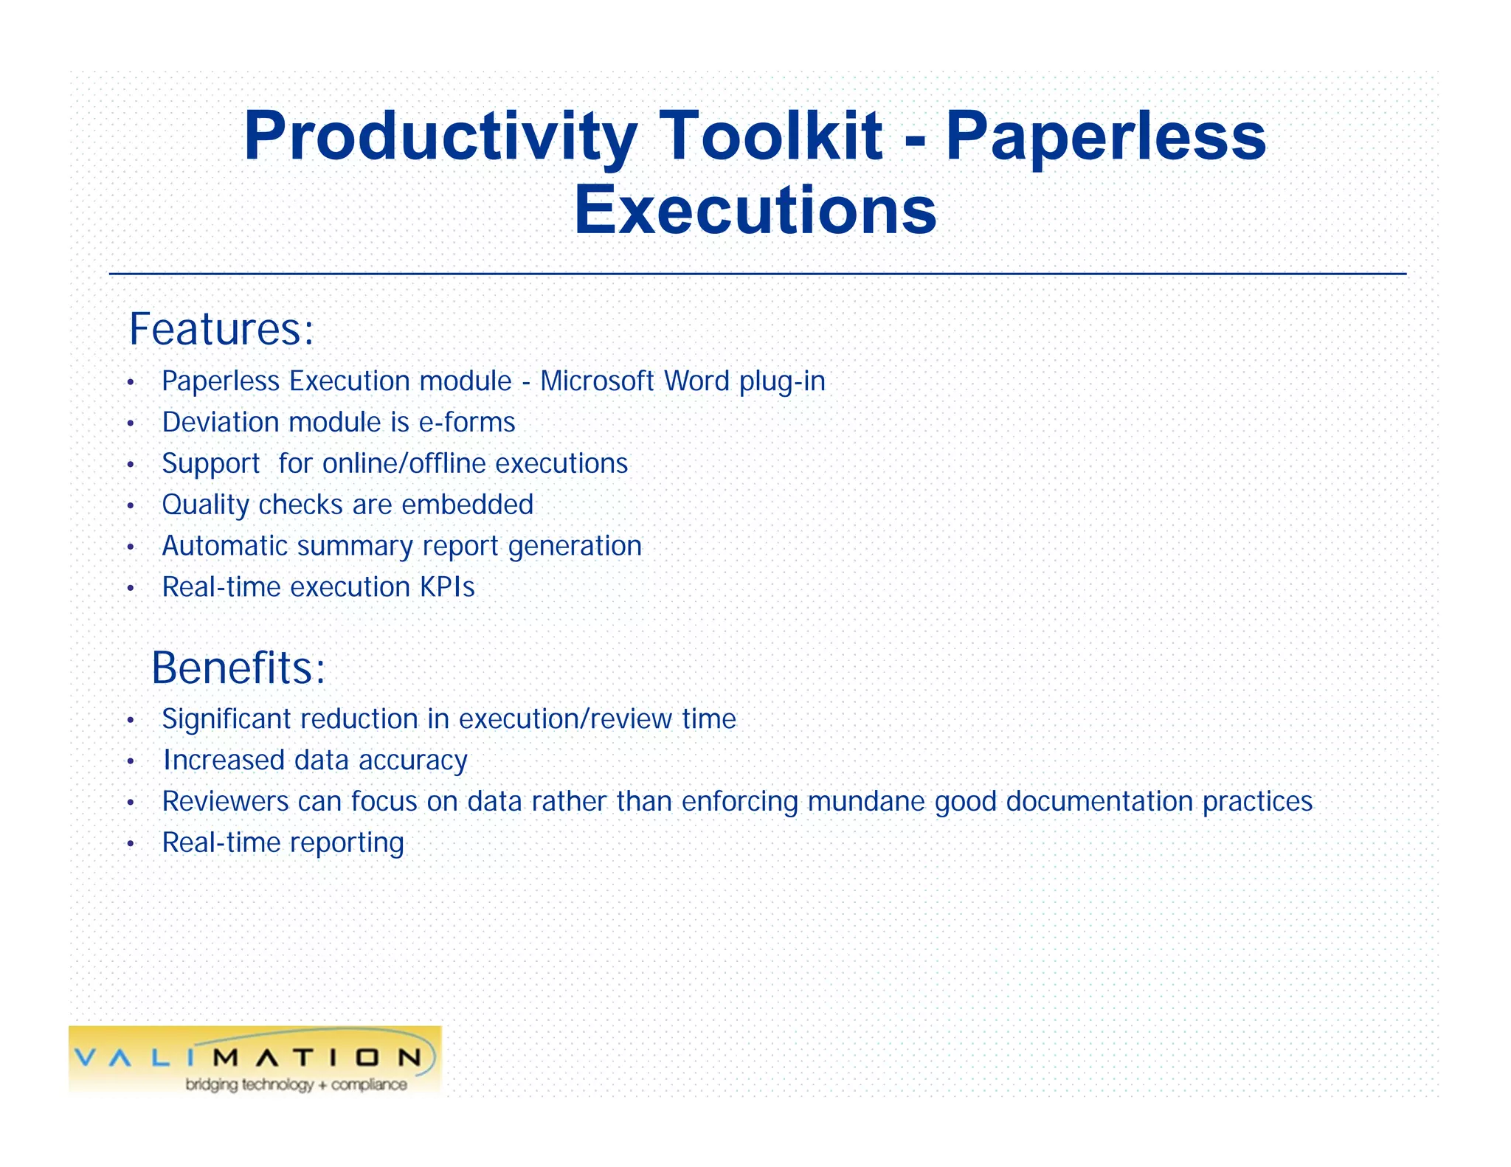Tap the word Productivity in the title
coord(440,137)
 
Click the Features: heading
coord(221,329)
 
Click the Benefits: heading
coord(238,668)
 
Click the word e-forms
coord(466,423)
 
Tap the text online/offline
coord(404,464)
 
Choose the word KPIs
coord(447,587)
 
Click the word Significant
coord(226,719)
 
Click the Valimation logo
coord(255,1056)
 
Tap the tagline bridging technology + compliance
coord(296,1084)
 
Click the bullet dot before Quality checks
coord(131,506)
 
